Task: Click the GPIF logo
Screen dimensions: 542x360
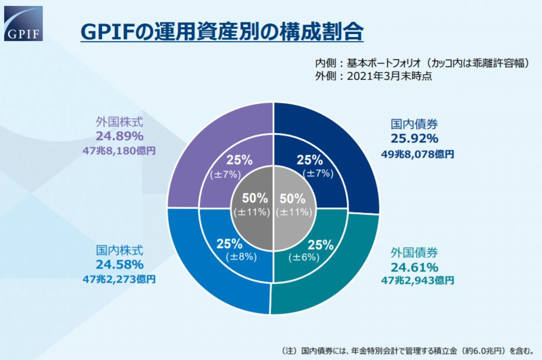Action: [23, 23]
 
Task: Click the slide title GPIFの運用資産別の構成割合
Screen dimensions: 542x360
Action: [222, 32]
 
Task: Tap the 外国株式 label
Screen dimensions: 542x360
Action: [120, 122]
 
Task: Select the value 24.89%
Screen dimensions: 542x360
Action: [120, 136]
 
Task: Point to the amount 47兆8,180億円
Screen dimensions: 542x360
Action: [120, 151]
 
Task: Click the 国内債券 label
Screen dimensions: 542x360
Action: [414, 124]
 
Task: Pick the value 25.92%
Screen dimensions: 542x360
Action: [414, 139]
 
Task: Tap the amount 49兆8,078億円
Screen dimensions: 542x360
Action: [418, 154]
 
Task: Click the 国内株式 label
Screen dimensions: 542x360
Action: [120, 250]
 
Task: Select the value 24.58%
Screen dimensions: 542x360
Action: [120, 265]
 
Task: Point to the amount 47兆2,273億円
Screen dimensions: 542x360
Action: [120, 279]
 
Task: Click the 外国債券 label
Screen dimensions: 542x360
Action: [414, 253]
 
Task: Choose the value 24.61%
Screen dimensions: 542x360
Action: [414, 267]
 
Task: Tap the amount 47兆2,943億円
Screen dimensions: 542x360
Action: [418, 280]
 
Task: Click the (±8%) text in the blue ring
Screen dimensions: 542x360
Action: [241, 257]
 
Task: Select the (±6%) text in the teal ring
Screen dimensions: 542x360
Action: [304, 257]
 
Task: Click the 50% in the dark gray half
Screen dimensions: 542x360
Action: [255, 198]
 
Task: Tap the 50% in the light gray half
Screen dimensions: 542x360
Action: [292, 199]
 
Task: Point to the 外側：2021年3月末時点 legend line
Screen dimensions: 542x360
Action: [373, 76]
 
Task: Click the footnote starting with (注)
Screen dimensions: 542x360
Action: [407, 351]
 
